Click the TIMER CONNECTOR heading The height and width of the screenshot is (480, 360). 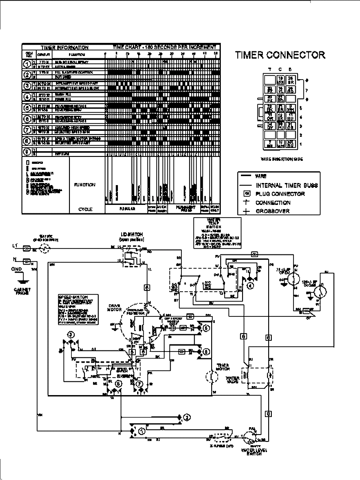point(280,55)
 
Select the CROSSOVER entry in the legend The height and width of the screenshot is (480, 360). point(272,211)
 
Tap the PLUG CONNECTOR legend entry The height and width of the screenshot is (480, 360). point(280,194)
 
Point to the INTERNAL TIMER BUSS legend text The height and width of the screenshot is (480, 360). point(286,185)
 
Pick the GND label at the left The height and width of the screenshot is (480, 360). point(16,269)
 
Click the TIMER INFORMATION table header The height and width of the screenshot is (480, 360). point(64,48)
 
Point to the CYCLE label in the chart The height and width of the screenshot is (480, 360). point(85,209)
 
